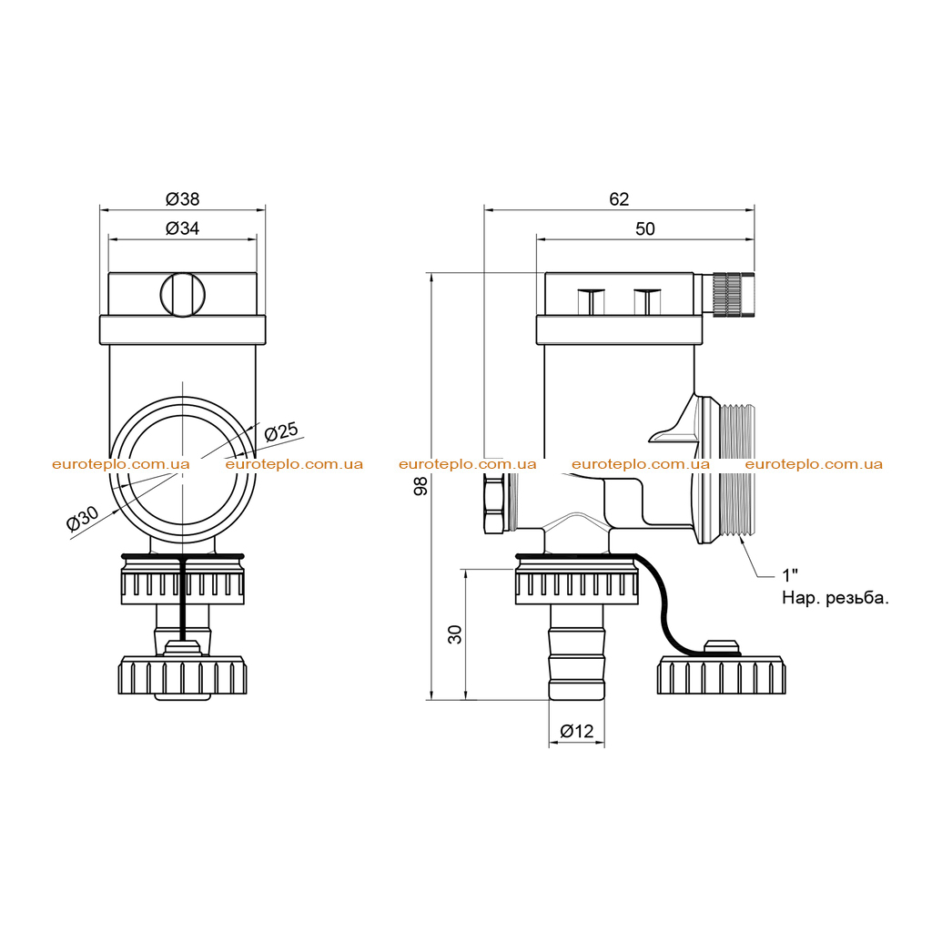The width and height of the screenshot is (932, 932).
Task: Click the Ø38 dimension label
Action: coord(182,199)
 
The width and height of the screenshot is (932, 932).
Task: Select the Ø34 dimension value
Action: coord(182,228)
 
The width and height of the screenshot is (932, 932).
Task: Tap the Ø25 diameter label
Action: coord(280,431)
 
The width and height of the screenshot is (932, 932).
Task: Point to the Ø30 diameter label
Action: coord(83,518)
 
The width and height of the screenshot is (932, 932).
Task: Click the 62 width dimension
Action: coord(619,199)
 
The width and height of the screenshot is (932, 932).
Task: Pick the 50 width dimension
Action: coord(645,228)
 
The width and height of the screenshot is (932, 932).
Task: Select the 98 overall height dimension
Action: coord(420,486)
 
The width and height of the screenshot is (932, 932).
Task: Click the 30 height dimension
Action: coord(455,634)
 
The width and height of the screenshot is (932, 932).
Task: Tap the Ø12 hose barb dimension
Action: coord(576,731)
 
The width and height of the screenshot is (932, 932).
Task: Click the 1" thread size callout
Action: coord(790,575)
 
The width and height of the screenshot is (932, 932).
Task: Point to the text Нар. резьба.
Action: coord(836,598)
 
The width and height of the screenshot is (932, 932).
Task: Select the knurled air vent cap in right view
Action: coord(734,294)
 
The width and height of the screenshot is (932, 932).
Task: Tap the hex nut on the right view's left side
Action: coord(495,503)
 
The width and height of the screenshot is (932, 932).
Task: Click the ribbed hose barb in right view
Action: coord(576,652)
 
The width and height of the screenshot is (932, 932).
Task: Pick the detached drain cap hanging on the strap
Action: coord(721,668)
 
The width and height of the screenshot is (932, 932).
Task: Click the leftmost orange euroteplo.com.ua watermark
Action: coord(121,464)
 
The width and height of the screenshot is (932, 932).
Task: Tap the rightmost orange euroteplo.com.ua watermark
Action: coord(814,464)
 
